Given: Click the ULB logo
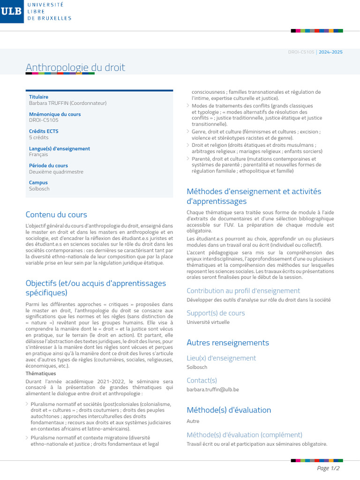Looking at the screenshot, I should click(12, 11).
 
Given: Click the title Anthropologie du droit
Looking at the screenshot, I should click(75, 67).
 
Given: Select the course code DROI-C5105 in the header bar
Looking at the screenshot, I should click(301, 52).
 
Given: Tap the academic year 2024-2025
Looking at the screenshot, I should click(330, 52).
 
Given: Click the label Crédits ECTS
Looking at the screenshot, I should click(44, 131).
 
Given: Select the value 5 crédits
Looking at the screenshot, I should click(38, 138).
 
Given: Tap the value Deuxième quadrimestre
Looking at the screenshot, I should click(56, 172).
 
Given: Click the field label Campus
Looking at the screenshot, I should click(38, 183).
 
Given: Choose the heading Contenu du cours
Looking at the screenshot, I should click(56, 215).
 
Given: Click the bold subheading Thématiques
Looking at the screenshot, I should click(41, 374).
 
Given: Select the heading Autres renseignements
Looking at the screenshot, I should click(228, 343).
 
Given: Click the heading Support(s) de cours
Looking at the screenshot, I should click(216, 313).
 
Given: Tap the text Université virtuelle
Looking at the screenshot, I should click(208, 322).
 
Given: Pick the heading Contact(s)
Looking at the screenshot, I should click(202, 380).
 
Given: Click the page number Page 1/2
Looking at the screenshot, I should click(328, 468).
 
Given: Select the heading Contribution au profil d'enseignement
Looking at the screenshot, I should click(243, 291).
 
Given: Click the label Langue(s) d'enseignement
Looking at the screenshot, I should click(60, 149).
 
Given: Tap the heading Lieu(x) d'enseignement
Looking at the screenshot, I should click(221, 358).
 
